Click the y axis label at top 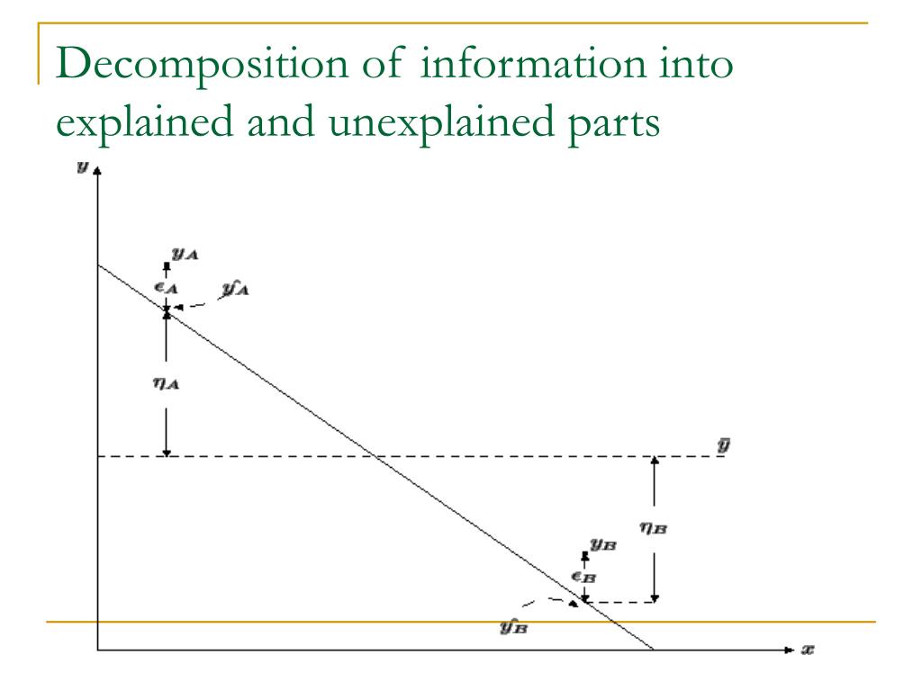82,168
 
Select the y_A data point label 185,255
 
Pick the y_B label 602,543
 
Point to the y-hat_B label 514,625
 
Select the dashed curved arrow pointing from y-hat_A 193,307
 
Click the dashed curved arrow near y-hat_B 549,600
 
